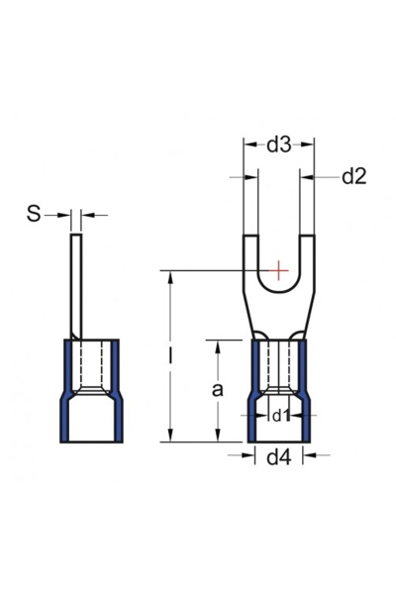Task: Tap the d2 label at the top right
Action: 353,177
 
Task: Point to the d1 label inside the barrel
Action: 281,416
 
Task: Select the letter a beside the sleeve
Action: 218,390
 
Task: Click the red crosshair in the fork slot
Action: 280,269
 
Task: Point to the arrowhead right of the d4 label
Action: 309,456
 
